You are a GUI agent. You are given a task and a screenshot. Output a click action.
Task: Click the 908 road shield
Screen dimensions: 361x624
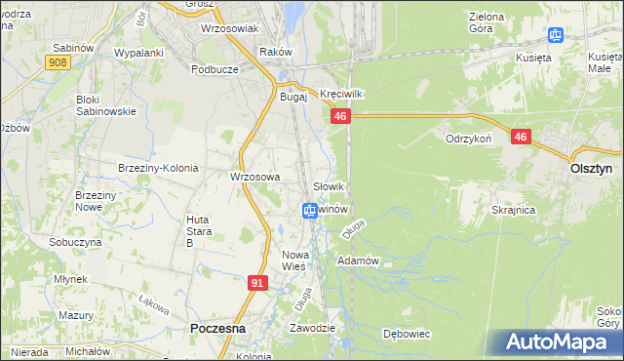pos(57,61)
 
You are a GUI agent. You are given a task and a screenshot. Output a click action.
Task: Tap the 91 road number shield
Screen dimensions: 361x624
pos(257,283)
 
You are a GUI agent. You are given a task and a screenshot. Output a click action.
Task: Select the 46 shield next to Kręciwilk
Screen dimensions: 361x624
pos(339,116)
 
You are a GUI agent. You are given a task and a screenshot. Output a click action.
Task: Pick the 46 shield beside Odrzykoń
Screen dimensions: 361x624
pos(521,138)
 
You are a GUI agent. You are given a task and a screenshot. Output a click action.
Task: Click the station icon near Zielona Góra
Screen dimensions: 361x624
pos(555,37)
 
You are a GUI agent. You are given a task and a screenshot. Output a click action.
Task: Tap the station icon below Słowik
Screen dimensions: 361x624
pos(309,210)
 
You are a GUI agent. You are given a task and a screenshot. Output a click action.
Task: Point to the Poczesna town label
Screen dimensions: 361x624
pos(217,329)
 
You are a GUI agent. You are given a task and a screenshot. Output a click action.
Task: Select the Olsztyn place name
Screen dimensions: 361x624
pos(590,168)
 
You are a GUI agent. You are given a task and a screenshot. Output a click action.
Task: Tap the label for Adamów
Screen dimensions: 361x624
pos(357,261)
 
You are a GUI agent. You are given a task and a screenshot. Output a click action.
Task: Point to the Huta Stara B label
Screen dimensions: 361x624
pos(198,230)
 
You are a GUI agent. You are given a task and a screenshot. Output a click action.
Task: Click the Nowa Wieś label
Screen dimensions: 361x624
pos(293,260)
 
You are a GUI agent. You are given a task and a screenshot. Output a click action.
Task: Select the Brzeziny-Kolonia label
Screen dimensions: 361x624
pos(158,168)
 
